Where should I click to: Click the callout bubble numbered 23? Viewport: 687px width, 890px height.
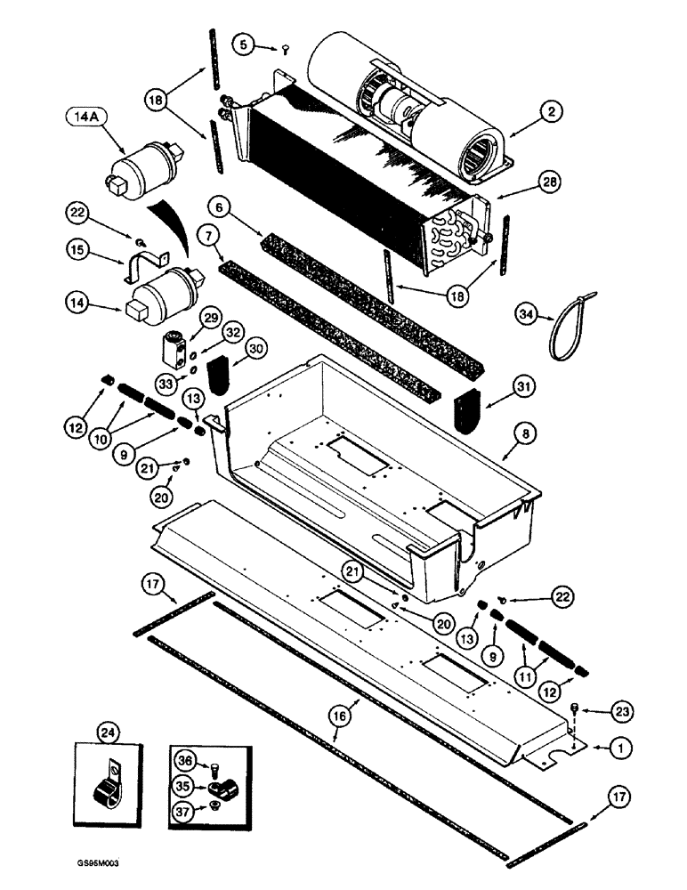pos(620,709)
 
